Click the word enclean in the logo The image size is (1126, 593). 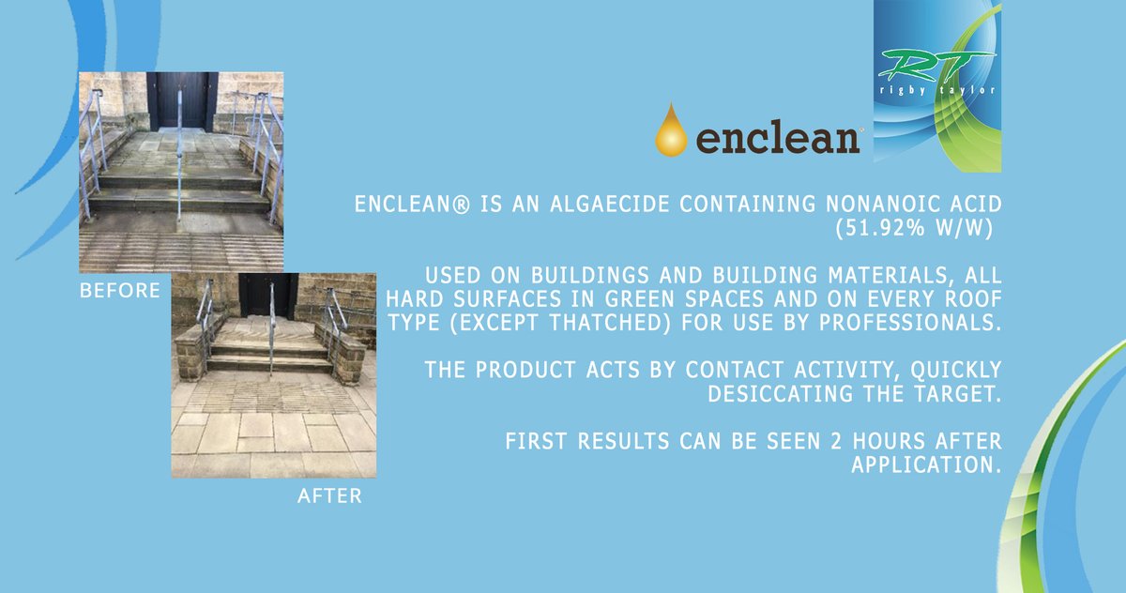click(x=778, y=138)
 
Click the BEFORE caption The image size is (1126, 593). click(x=119, y=291)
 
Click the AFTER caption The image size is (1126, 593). click(x=329, y=496)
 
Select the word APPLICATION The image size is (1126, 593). click(x=924, y=465)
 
